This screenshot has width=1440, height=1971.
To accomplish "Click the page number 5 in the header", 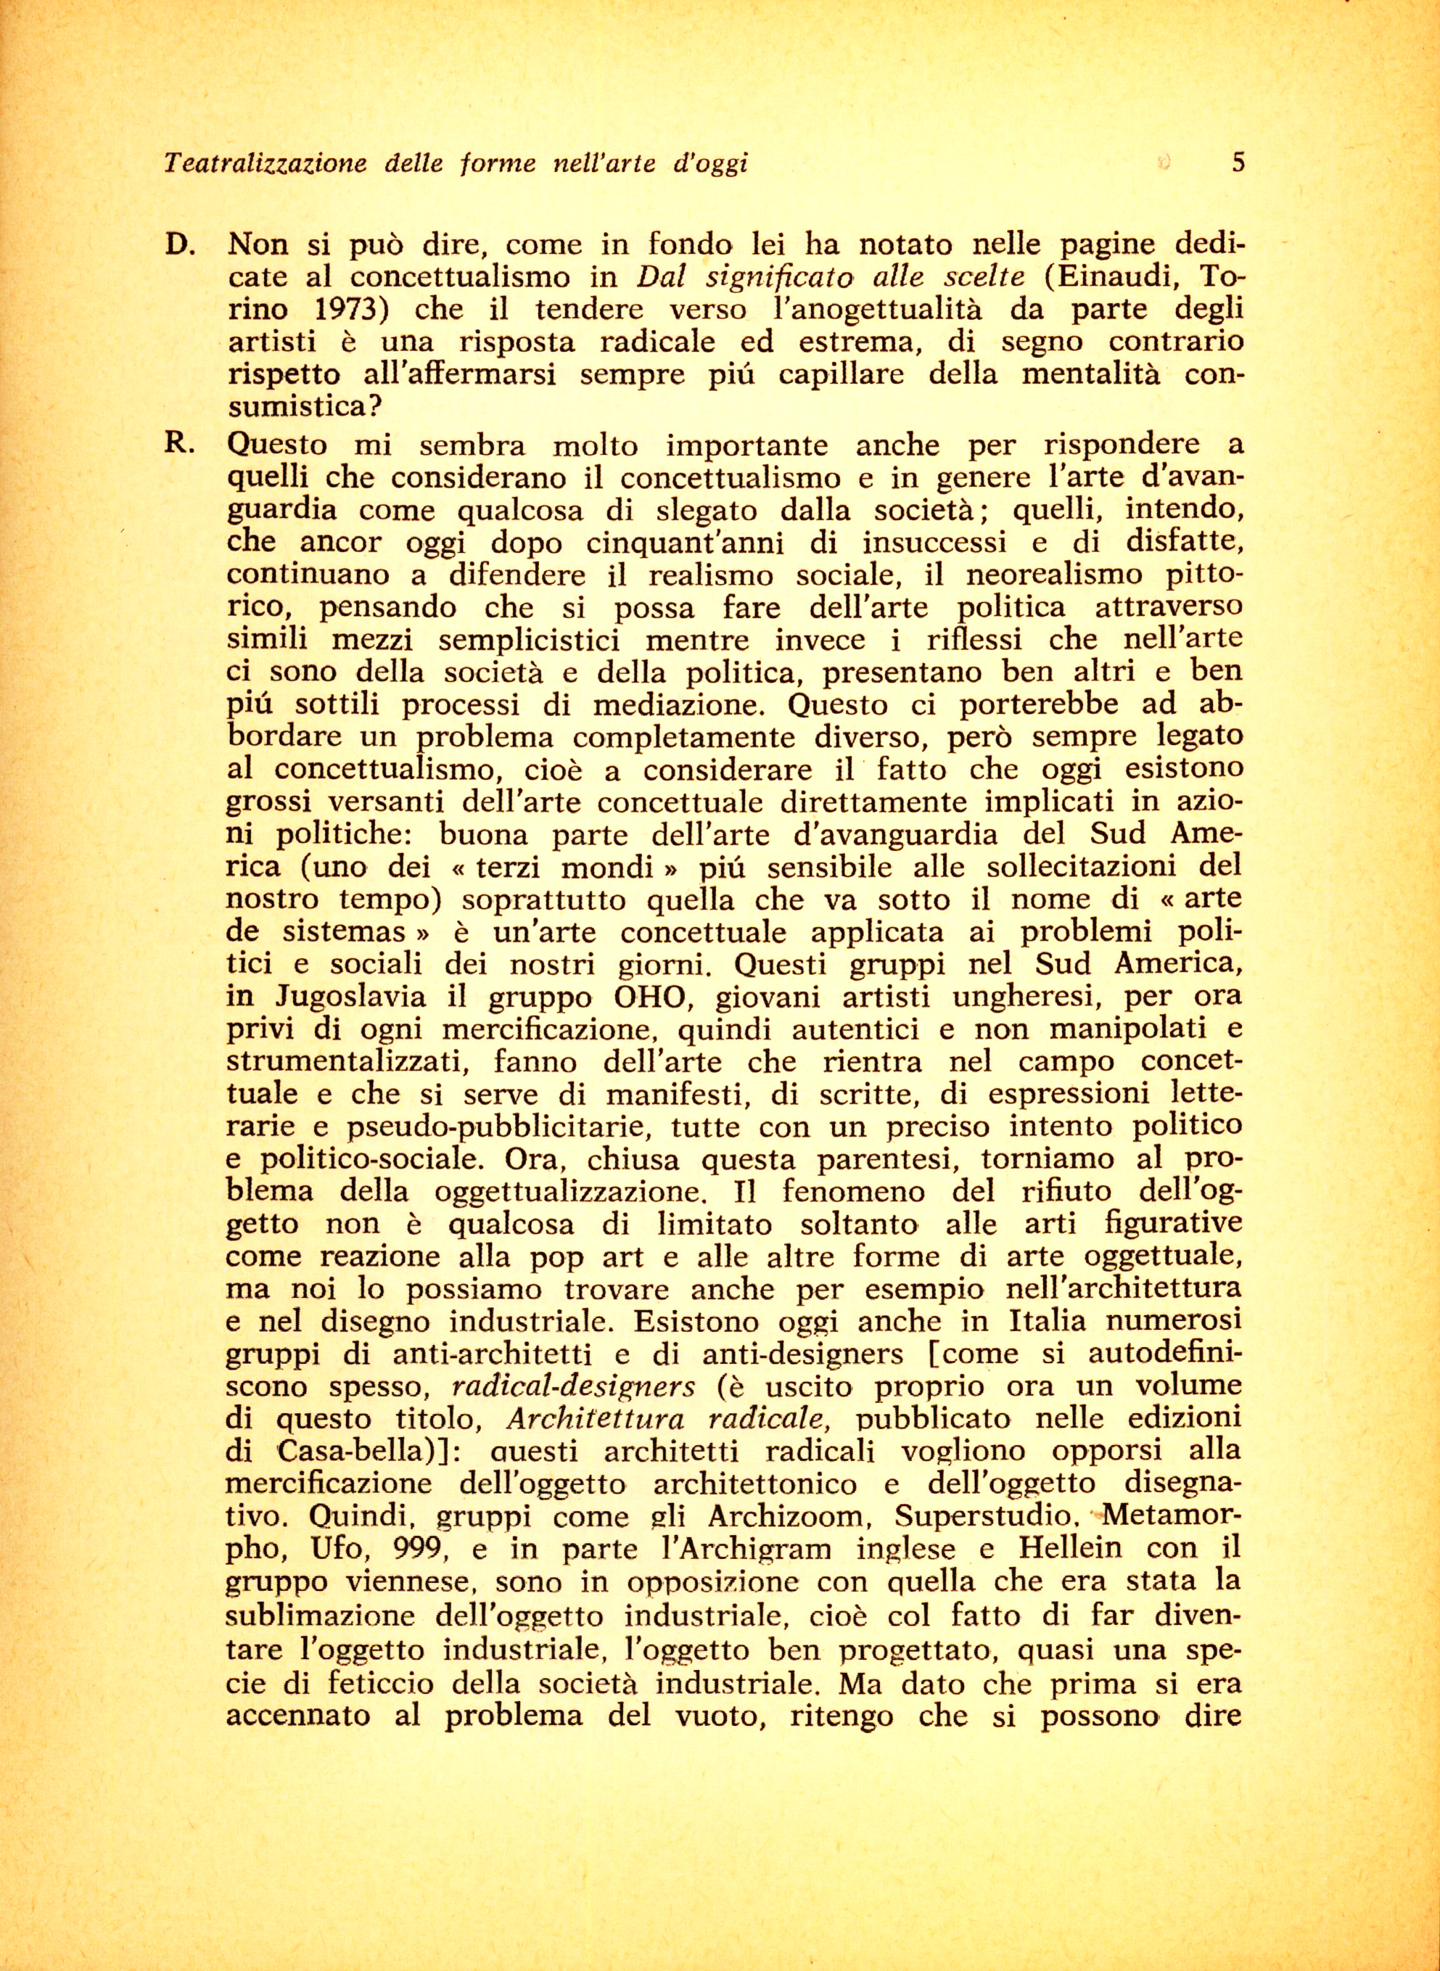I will [1238, 162].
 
